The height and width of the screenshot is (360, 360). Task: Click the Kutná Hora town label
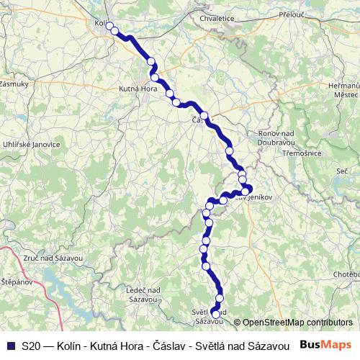pyautogui.click(x=138, y=89)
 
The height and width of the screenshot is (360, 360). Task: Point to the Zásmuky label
pyautogui.click(x=14, y=84)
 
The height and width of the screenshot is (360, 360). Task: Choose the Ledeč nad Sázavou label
pyautogui.click(x=142, y=294)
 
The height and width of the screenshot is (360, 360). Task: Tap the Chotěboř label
pyautogui.click(x=346, y=274)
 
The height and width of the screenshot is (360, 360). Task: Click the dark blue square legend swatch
pyautogui.click(x=11, y=346)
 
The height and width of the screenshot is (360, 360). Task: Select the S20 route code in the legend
pyautogui.click(x=31, y=346)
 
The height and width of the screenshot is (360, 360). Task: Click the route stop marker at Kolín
pyautogui.click(x=113, y=30)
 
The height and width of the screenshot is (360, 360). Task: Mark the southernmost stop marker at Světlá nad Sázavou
pyautogui.click(x=215, y=314)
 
